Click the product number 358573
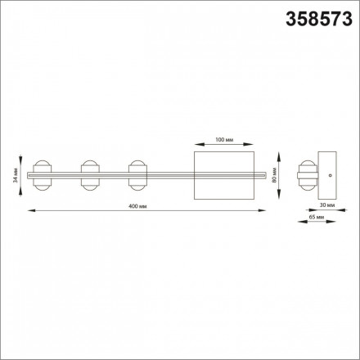tap(319, 19)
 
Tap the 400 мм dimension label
tap(137, 206)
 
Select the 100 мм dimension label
tap(224, 140)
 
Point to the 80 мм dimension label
tap(274, 175)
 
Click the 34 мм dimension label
tap(16, 175)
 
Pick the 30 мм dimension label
tap(327, 205)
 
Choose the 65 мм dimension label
tap(317, 217)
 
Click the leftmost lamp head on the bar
tap(42, 175)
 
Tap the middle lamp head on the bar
tap(90, 175)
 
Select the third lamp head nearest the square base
tap(137, 175)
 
